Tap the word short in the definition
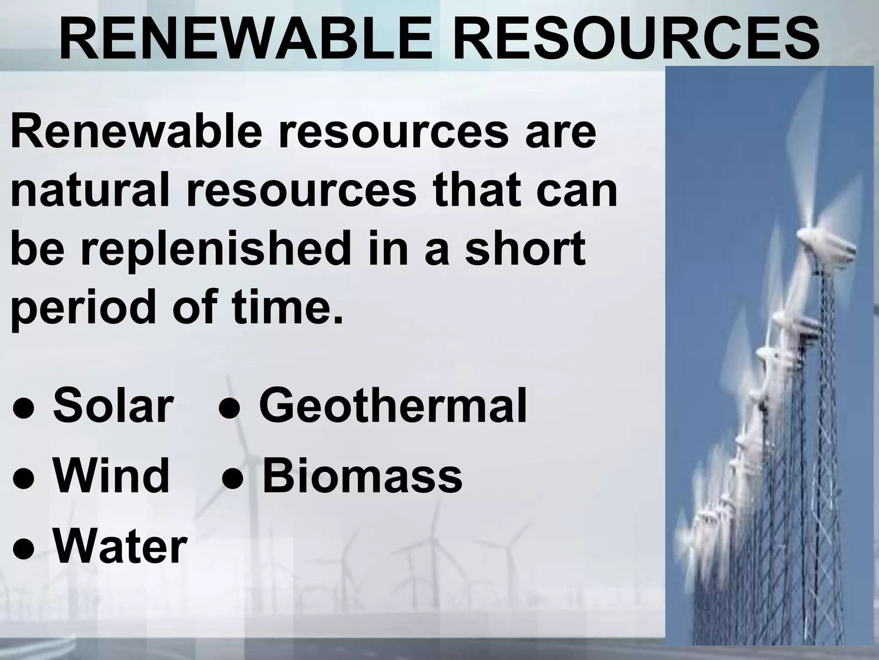coord(526,248)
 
